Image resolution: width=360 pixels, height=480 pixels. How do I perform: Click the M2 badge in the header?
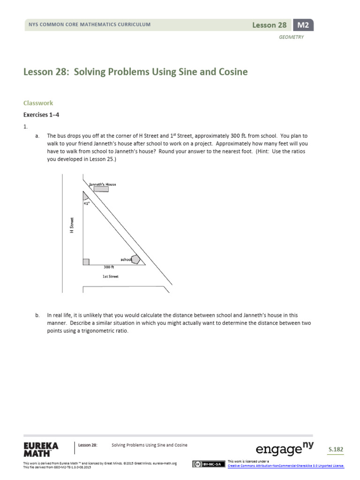[x=303, y=25]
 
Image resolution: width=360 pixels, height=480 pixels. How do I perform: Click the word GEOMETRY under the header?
[x=292, y=37]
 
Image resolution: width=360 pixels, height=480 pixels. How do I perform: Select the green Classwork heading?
[x=38, y=103]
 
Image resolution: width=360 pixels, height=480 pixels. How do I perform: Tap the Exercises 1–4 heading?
[x=42, y=114]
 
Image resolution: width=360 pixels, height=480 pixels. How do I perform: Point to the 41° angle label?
[x=86, y=203]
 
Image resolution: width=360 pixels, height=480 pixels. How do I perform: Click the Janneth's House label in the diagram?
[x=103, y=184]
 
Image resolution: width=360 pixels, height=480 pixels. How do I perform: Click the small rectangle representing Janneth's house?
[x=101, y=189]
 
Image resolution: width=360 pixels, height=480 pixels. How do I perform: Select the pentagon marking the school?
[x=135, y=259]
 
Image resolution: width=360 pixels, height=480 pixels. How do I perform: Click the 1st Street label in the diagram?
[x=110, y=277]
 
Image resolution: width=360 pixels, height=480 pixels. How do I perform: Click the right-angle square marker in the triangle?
[x=86, y=262]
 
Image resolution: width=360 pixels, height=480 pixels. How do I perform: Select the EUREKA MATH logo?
[x=41, y=450]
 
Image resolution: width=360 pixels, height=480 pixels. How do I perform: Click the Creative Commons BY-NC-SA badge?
[x=207, y=464]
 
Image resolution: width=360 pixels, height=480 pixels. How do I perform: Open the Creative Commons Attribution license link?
[x=285, y=465]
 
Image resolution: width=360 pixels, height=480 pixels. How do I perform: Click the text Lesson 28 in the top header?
[x=269, y=25]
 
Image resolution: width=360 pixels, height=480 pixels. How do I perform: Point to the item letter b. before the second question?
[x=37, y=316]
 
